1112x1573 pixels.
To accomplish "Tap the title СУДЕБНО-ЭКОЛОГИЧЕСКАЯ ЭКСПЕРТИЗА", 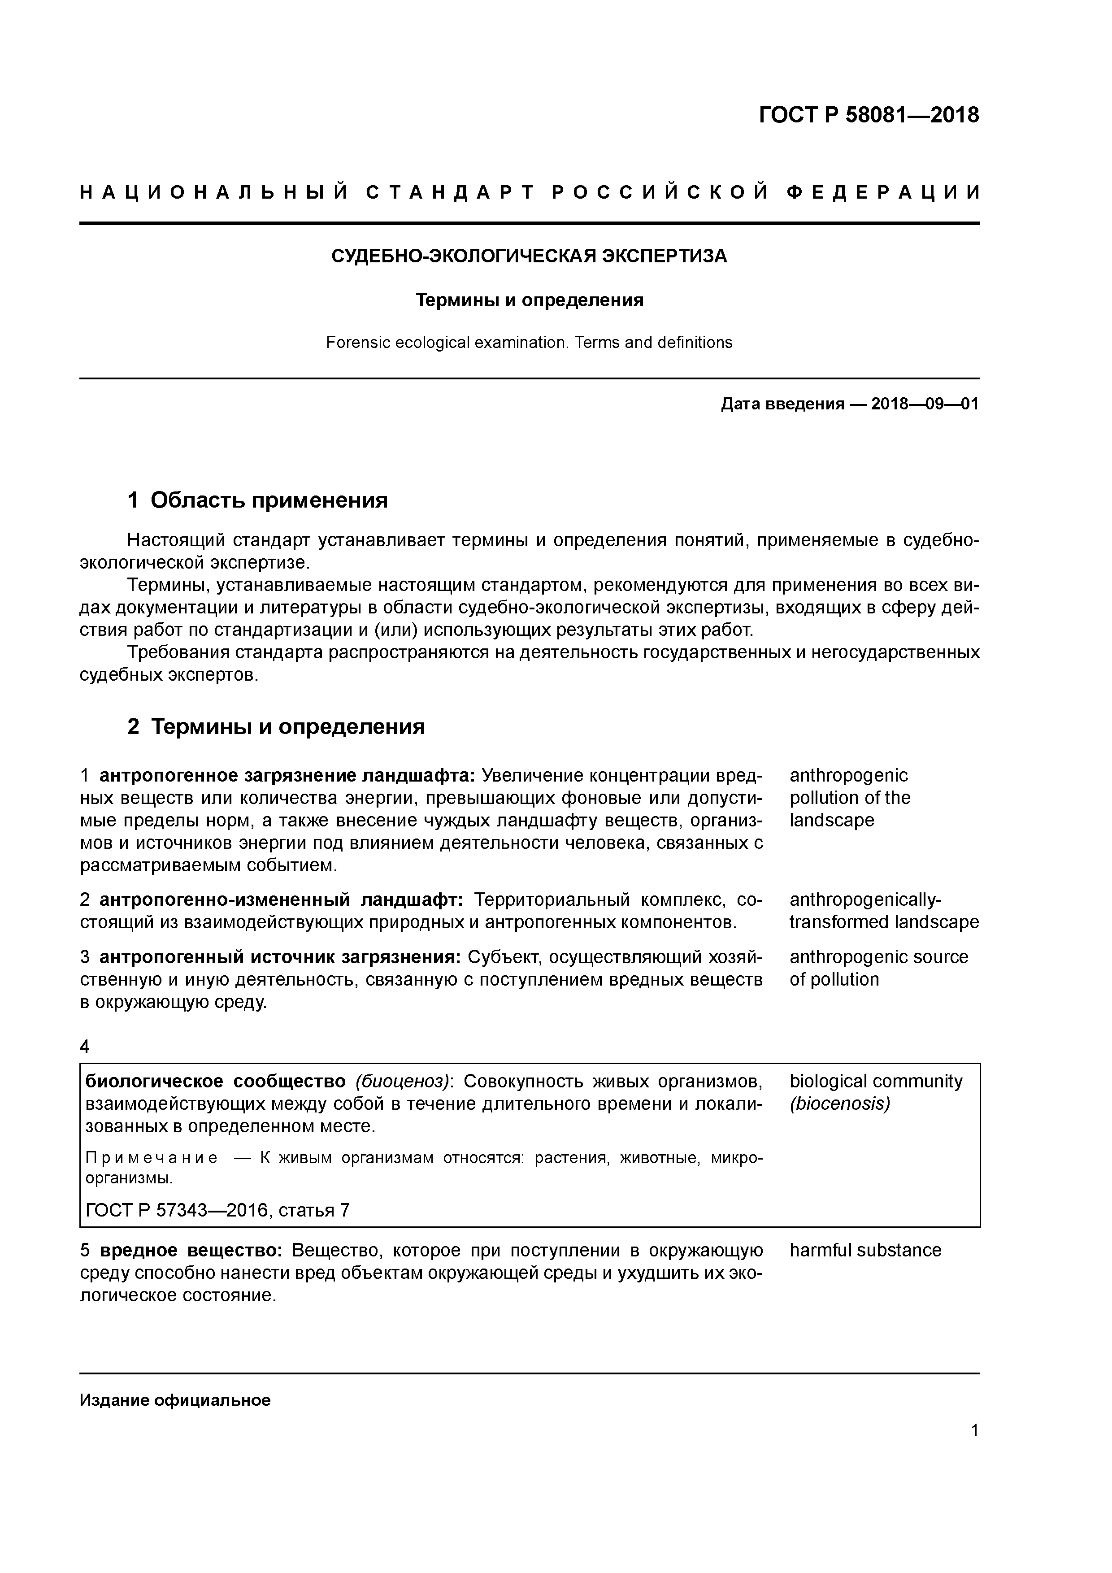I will coord(529,256).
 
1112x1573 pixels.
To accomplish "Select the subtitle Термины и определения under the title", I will coord(530,300).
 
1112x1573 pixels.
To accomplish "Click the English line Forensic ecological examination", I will coord(529,343).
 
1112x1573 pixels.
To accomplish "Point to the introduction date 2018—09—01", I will coord(925,404).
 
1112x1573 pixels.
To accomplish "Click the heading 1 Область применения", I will coord(258,501).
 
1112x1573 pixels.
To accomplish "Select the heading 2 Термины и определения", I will coord(276,726).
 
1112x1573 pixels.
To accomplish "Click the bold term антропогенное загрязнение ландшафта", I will coord(287,776).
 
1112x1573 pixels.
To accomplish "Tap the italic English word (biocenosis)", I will coord(839,1104).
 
